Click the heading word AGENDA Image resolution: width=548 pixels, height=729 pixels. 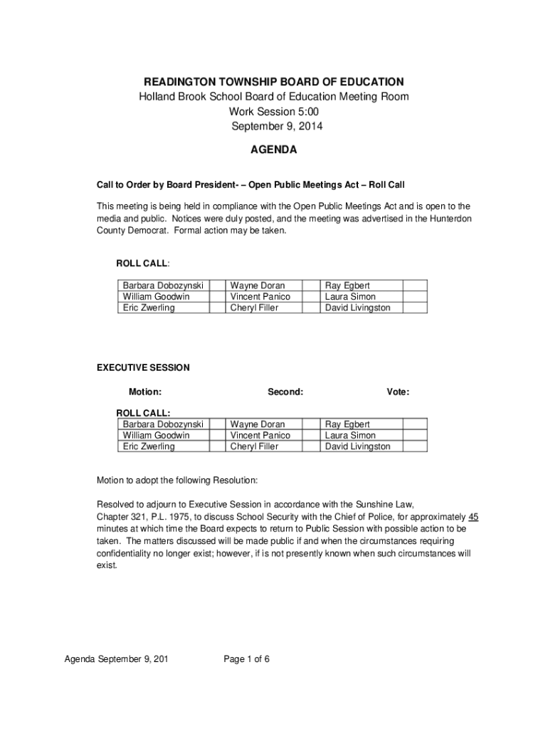click(x=274, y=150)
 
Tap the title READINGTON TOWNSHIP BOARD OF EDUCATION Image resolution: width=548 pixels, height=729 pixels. click(x=274, y=82)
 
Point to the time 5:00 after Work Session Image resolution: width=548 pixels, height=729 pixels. click(x=307, y=112)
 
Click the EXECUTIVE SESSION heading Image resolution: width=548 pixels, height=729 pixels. click(x=143, y=368)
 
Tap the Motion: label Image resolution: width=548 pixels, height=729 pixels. click(x=144, y=392)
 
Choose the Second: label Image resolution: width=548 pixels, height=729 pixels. click(x=285, y=392)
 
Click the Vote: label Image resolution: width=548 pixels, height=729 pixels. click(x=398, y=392)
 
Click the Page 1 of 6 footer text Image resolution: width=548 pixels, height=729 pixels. click(x=246, y=659)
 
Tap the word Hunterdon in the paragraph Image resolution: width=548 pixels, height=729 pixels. click(x=448, y=218)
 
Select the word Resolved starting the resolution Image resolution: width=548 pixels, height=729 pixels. click(x=116, y=504)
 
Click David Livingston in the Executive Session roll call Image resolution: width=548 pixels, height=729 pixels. click(x=358, y=446)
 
